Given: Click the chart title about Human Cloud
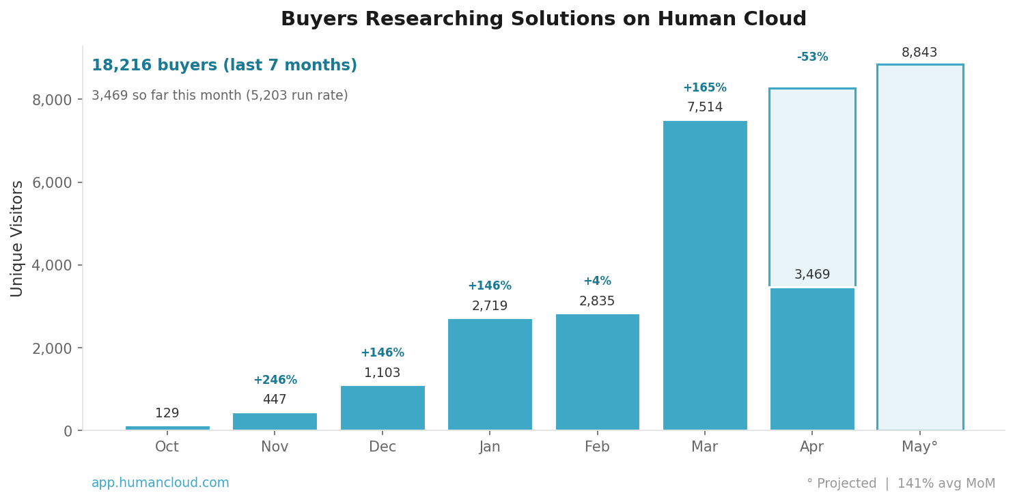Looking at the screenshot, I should pyautogui.click(x=543, y=19).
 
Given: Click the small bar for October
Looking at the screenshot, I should pyautogui.click(x=167, y=428).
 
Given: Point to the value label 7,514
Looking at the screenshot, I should pyautogui.click(x=704, y=107).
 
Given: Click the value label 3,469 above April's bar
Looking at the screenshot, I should pyautogui.click(x=811, y=275).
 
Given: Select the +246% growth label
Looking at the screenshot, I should pyautogui.click(x=275, y=380).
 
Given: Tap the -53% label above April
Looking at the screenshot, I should pyautogui.click(x=811, y=57).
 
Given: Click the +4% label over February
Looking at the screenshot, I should pyautogui.click(x=597, y=281).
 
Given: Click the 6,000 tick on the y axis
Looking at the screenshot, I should pyautogui.click(x=52, y=182).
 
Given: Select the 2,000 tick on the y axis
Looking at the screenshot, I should pyautogui.click(x=52, y=348).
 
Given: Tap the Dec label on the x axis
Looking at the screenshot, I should pyautogui.click(x=382, y=447).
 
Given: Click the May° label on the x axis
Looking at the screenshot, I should pyautogui.click(x=919, y=447).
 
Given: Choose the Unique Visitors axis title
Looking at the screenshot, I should pyautogui.click(x=17, y=238).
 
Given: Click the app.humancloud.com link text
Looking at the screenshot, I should pyautogui.click(x=160, y=483).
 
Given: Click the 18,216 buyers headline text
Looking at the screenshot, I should pyautogui.click(x=224, y=66).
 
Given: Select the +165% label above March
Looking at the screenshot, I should pyautogui.click(x=704, y=87).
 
